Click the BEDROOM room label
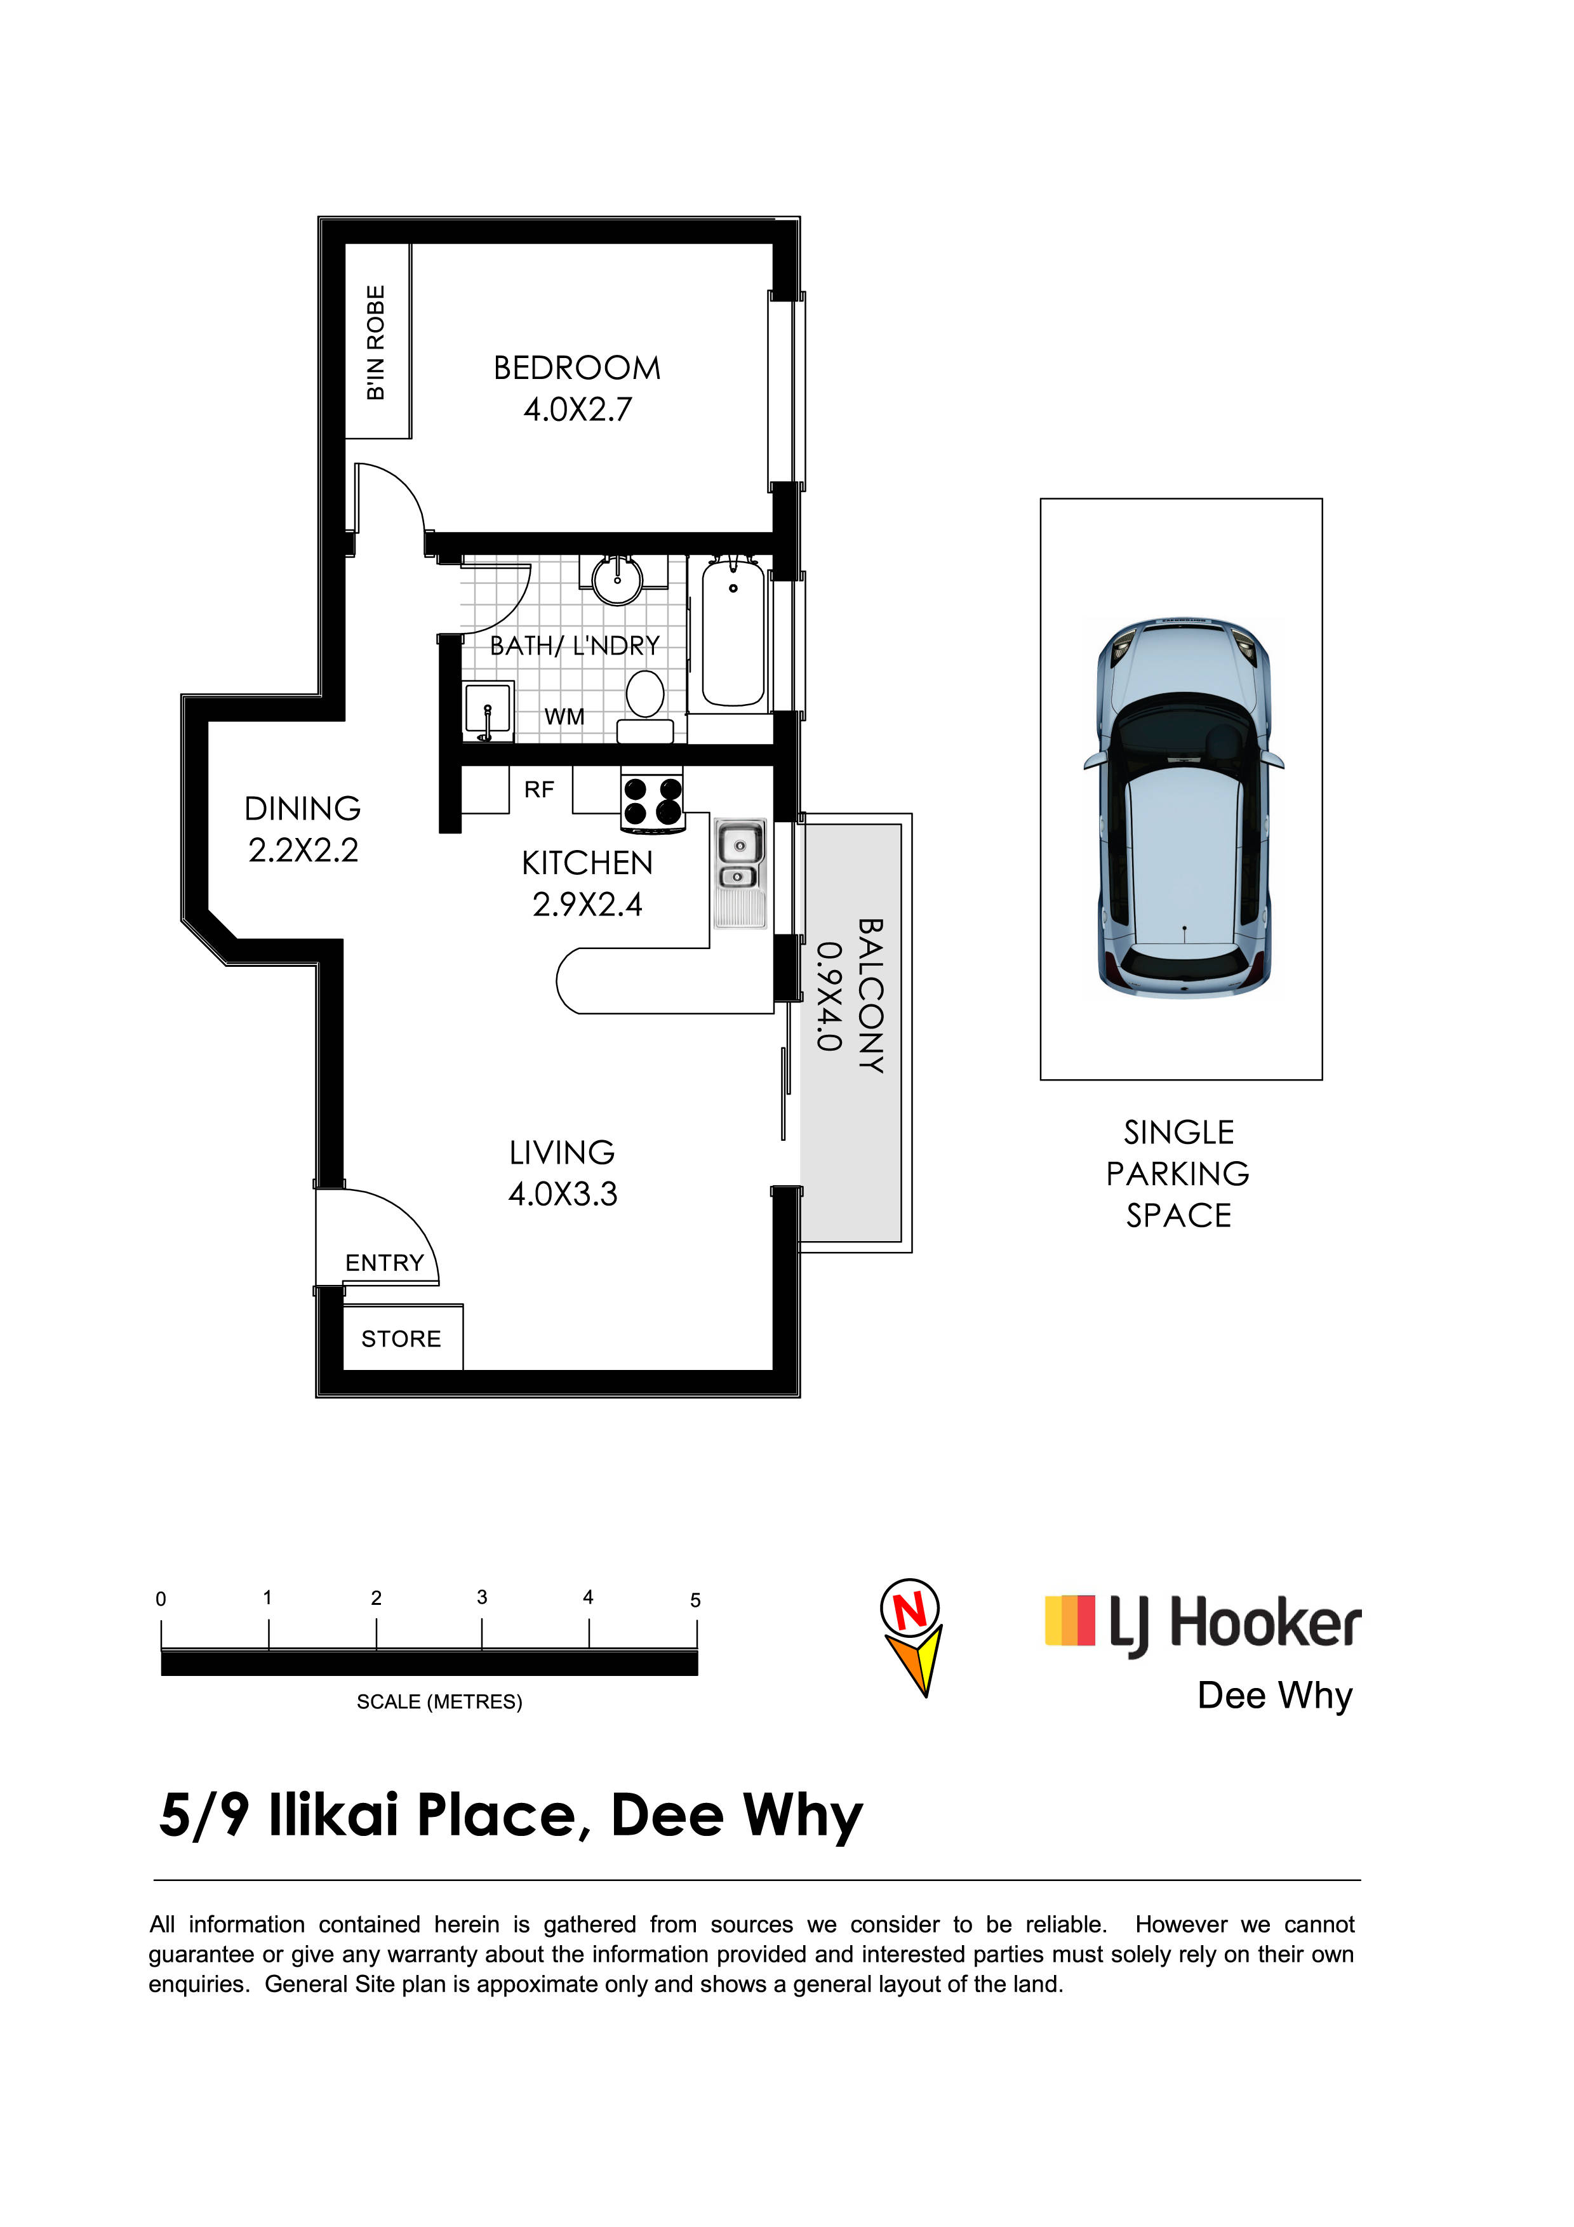[x=577, y=369]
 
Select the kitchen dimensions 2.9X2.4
[x=588, y=905]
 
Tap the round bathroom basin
[x=617, y=580]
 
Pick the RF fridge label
[x=539, y=790]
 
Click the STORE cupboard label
[x=401, y=1340]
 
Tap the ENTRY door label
[x=385, y=1263]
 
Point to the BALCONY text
[x=871, y=996]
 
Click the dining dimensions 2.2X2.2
[x=303, y=851]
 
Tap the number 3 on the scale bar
[x=482, y=1597]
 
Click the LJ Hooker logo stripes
[x=1070, y=1621]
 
